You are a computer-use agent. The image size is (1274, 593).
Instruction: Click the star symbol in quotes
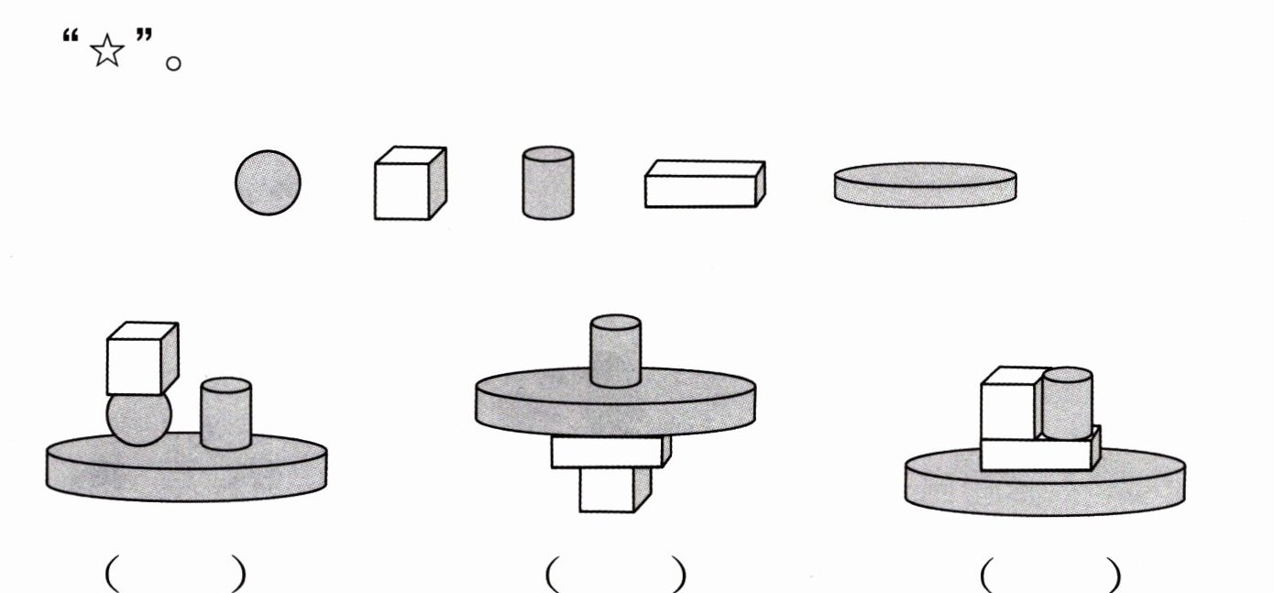point(107,50)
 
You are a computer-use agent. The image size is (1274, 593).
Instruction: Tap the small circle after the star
point(173,63)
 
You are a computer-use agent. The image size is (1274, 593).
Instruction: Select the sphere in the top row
point(268,182)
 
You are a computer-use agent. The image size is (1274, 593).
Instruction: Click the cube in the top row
point(410,183)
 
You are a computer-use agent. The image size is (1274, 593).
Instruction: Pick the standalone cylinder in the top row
point(548,182)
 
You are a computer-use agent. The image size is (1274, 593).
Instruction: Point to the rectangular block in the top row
point(705,183)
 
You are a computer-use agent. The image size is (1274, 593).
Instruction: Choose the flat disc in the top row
point(926,185)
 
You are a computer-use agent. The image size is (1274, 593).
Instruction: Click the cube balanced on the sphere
point(143,358)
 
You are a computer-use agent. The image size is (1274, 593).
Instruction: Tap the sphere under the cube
point(138,420)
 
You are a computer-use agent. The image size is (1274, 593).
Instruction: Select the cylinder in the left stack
point(225,413)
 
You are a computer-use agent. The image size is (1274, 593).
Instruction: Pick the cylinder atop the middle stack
point(615,351)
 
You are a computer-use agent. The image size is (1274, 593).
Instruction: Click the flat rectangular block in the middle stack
point(610,452)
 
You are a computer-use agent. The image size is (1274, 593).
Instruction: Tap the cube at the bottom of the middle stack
point(615,489)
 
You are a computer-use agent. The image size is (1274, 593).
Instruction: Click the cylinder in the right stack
point(1068,403)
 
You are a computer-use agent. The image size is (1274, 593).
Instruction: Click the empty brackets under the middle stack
point(616,575)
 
